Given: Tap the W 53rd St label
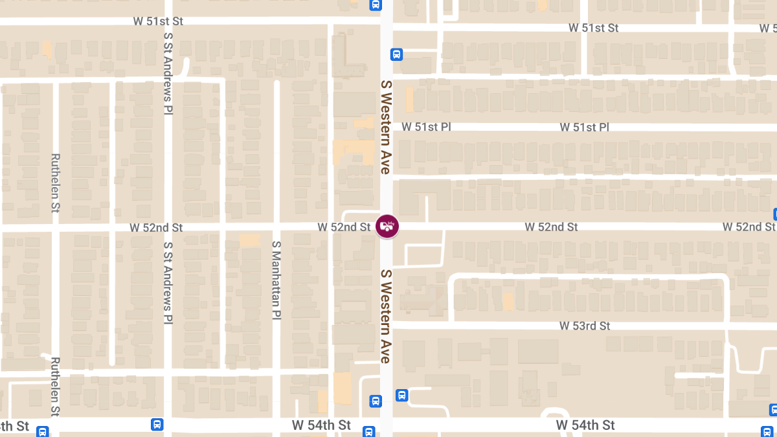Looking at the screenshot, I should pos(585,326).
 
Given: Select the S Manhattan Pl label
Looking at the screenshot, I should pos(276,280).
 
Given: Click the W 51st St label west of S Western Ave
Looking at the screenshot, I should pos(158,21).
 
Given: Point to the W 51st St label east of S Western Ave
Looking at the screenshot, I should pos(594,28).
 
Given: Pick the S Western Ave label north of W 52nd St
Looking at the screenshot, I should pos(386,127).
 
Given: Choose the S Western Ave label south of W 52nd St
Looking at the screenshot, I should pos(386,316).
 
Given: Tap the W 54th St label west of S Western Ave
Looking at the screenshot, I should pos(321,425).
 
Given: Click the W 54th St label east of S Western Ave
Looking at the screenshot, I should pos(585,425).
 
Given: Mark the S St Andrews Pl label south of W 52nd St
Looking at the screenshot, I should pos(168,283).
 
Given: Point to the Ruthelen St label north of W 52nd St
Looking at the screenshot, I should pos(55,183).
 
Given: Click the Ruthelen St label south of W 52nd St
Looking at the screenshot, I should pos(55,387).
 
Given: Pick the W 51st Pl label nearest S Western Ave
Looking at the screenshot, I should pos(426,127).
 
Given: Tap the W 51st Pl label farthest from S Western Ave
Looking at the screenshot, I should pos(585,127).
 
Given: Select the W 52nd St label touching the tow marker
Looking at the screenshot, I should pos(344,227).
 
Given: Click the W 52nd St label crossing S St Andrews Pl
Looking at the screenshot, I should pos(156,227).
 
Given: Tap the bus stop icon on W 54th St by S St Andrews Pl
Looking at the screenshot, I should pos(157,425).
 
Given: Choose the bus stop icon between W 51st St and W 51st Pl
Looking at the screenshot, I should pos(397,54).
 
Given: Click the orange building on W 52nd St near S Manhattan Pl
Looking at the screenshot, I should pos(249,241).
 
